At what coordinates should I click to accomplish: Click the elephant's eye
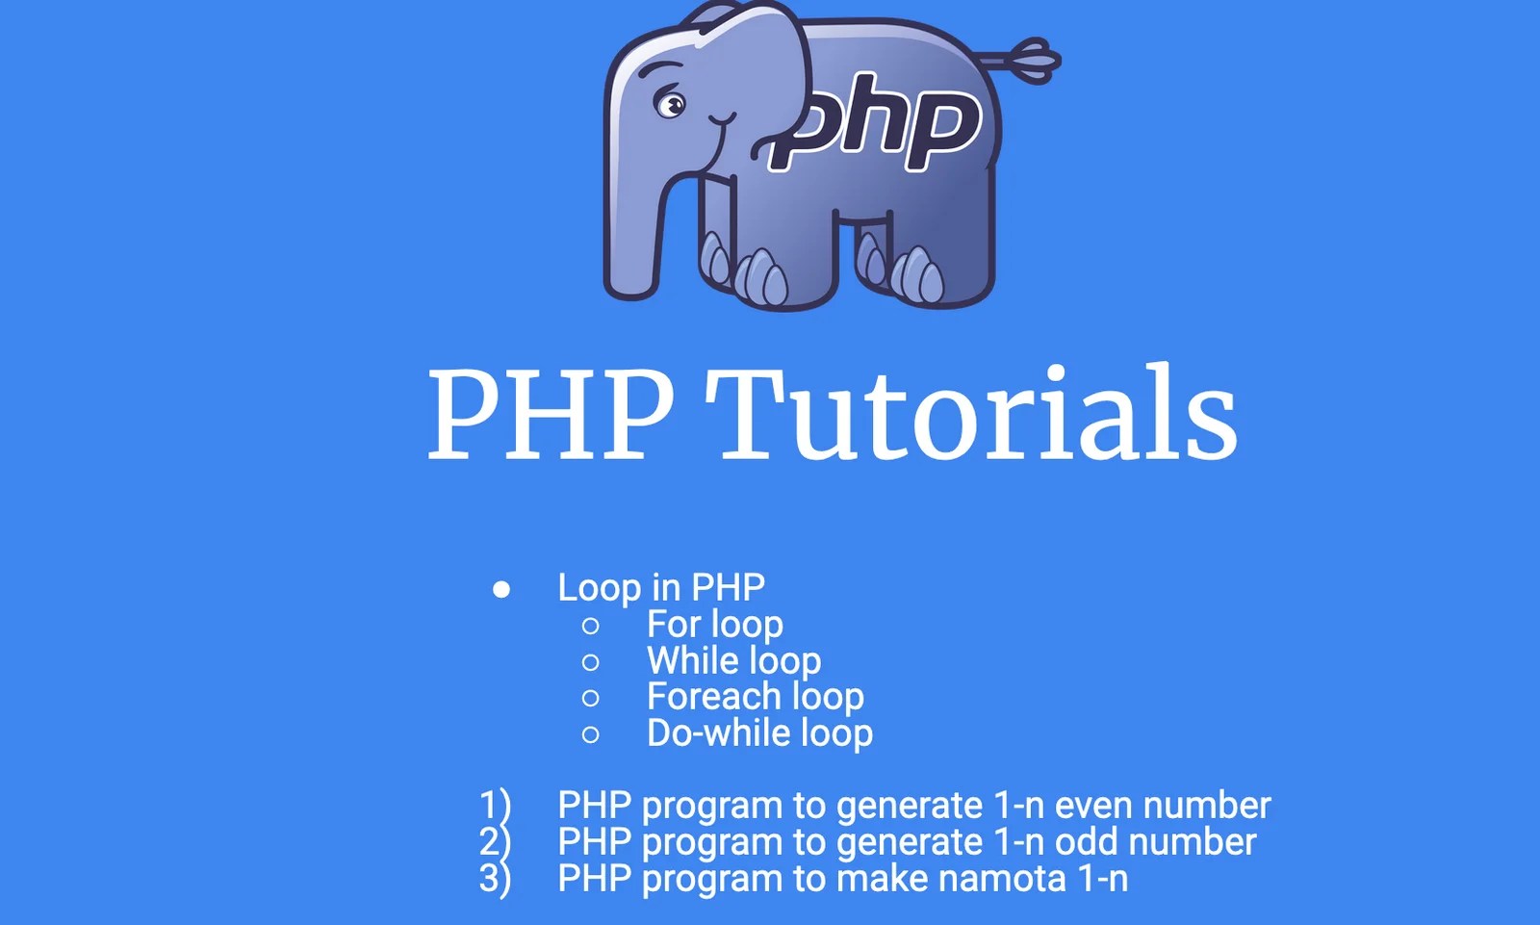point(671,103)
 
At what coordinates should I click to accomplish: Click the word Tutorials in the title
point(971,413)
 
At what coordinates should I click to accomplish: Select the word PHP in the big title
point(551,413)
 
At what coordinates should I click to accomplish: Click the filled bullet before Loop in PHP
point(501,589)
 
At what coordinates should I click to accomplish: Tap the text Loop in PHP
point(661,587)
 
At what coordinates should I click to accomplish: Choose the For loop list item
point(714,625)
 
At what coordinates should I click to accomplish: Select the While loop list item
point(733,661)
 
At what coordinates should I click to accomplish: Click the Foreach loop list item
point(755,697)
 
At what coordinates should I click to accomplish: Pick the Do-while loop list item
point(759,733)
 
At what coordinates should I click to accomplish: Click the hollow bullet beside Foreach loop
point(591,699)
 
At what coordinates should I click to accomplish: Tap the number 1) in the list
point(495,806)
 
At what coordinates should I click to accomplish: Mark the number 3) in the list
point(495,879)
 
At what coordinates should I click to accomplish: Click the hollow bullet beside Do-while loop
point(591,735)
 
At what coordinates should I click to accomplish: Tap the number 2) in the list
point(495,842)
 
